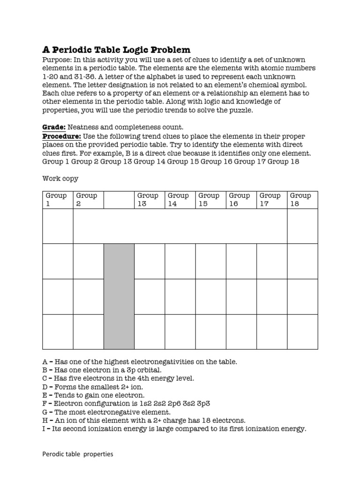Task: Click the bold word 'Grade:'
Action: point(54,127)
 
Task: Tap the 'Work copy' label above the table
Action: point(60,178)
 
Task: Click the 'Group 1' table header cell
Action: point(58,200)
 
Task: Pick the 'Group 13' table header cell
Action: point(149,200)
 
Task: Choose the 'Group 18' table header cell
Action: point(302,200)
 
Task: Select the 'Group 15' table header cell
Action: point(210,200)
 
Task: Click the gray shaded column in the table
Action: point(119,296)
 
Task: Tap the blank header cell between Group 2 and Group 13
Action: point(119,200)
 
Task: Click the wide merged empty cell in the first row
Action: point(180,226)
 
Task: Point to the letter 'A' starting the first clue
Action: point(45,361)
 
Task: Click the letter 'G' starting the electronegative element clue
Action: point(45,412)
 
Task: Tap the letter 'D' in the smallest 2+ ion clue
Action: point(45,387)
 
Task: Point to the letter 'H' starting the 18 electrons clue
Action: point(45,420)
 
